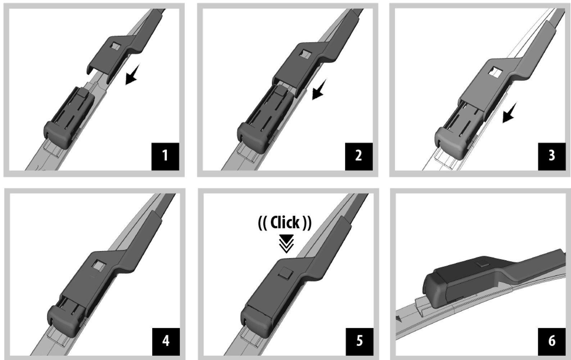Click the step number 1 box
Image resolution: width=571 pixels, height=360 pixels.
(x=165, y=156)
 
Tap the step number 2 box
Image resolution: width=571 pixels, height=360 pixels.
(x=359, y=156)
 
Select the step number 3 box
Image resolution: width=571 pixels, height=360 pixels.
(x=552, y=156)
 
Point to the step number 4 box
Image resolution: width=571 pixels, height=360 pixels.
(x=166, y=342)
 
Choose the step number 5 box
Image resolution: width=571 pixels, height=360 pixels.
(x=359, y=342)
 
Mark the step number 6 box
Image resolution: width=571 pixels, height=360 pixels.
(x=552, y=342)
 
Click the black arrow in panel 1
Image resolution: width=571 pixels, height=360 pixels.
(x=132, y=75)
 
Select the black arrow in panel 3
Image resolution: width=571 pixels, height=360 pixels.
(x=509, y=112)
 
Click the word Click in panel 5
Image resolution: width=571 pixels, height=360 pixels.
(x=285, y=222)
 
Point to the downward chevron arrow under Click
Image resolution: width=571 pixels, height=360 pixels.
(x=286, y=244)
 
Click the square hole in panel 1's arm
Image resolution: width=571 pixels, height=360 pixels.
(x=116, y=46)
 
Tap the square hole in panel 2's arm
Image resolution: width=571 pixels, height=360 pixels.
(x=305, y=54)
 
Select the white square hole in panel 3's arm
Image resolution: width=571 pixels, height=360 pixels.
(x=495, y=72)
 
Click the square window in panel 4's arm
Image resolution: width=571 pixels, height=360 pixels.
(x=99, y=266)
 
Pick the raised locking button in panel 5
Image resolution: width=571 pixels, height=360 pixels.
(x=286, y=273)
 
